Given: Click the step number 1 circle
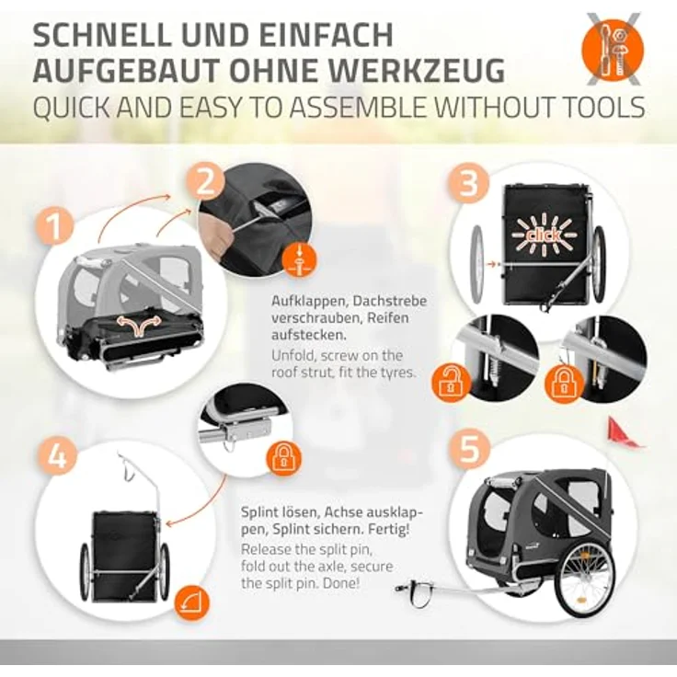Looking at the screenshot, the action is tap(55, 225).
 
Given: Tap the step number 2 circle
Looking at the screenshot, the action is tap(206, 184).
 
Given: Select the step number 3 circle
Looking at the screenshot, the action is tap(469, 184).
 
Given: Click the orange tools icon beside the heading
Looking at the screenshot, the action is tap(613, 51).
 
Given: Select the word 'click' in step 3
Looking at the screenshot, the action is tap(544, 235).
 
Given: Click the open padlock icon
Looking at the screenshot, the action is tap(451, 383).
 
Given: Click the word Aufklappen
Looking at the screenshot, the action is tap(308, 302).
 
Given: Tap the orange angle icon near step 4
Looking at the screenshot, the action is tap(191, 602).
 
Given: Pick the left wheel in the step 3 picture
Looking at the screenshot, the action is tap(478, 263).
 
